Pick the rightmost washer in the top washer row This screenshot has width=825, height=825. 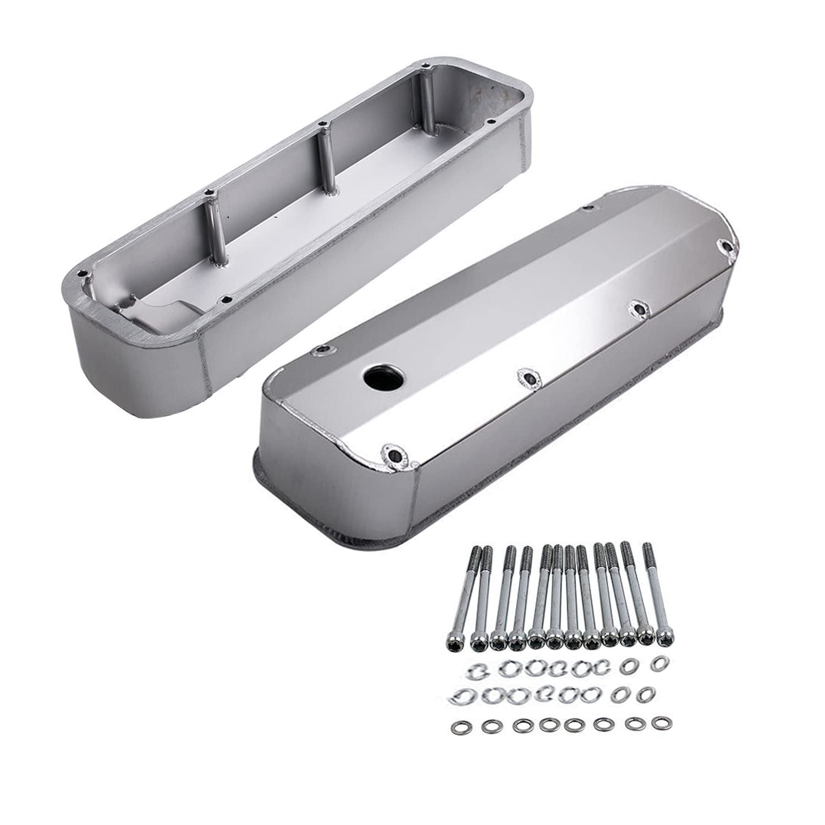click(x=656, y=664)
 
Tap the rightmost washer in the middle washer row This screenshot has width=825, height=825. click(x=642, y=694)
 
